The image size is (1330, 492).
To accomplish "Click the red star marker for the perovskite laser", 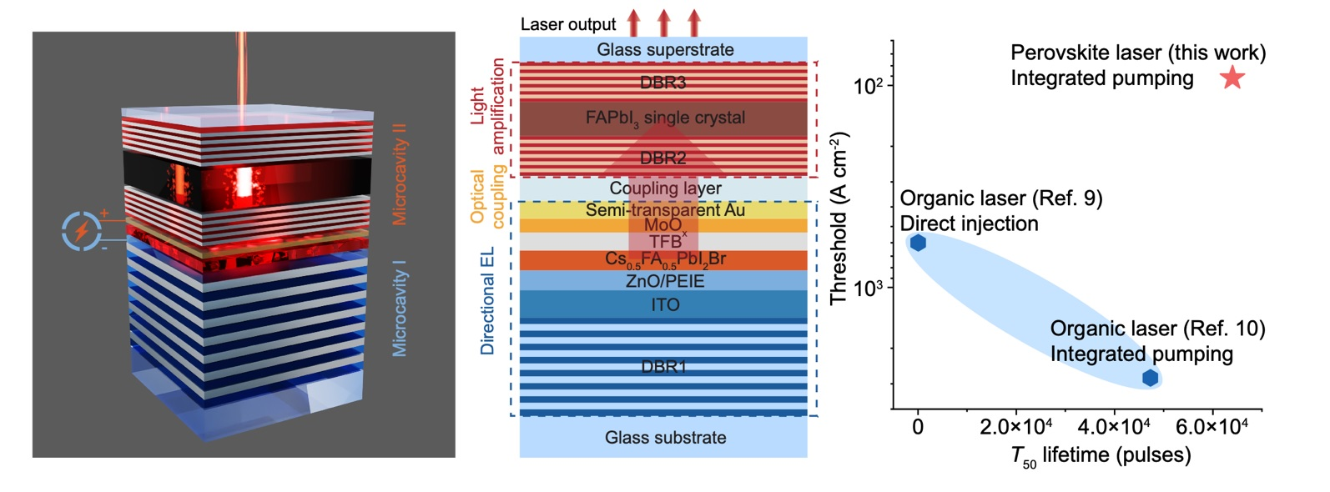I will pyautogui.click(x=1232, y=78).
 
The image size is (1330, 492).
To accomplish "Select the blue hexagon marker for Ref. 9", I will pyautogui.click(x=918, y=243).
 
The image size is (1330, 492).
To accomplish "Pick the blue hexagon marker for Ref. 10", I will pyautogui.click(x=1150, y=378).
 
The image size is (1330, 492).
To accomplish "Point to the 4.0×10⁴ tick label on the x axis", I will pyautogui.click(x=1113, y=428).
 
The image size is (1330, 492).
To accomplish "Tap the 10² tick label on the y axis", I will pyautogui.click(x=868, y=85).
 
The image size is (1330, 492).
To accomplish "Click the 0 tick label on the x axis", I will pyautogui.click(x=918, y=428).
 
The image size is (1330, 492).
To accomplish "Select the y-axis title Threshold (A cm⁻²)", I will pyautogui.click(x=839, y=218).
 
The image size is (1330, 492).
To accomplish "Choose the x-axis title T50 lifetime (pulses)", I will pyautogui.click(x=1101, y=456).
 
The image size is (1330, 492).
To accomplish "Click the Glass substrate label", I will pyautogui.click(x=665, y=438).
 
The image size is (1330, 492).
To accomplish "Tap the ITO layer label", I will pyautogui.click(x=665, y=305).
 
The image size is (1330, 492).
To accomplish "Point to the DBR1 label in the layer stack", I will pyautogui.click(x=664, y=366).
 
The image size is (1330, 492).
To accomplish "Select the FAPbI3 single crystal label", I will pyautogui.click(x=665, y=118).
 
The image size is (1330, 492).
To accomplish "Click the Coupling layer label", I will pyautogui.click(x=665, y=188).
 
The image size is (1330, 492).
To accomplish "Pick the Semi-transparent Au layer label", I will pyautogui.click(x=665, y=210).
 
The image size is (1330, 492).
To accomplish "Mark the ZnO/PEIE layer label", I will pyautogui.click(x=665, y=281).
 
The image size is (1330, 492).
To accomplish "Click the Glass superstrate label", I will pyautogui.click(x=665, y=50).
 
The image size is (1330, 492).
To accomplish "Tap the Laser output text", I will pyautogui.click(x=568, y=24).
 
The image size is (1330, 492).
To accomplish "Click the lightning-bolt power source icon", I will pyautogui.click(x=82, y=231).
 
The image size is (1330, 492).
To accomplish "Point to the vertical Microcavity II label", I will pyautogui.click(x=400, y=174).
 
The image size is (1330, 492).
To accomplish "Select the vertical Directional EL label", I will pyautogui.click(x=488, y=301).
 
